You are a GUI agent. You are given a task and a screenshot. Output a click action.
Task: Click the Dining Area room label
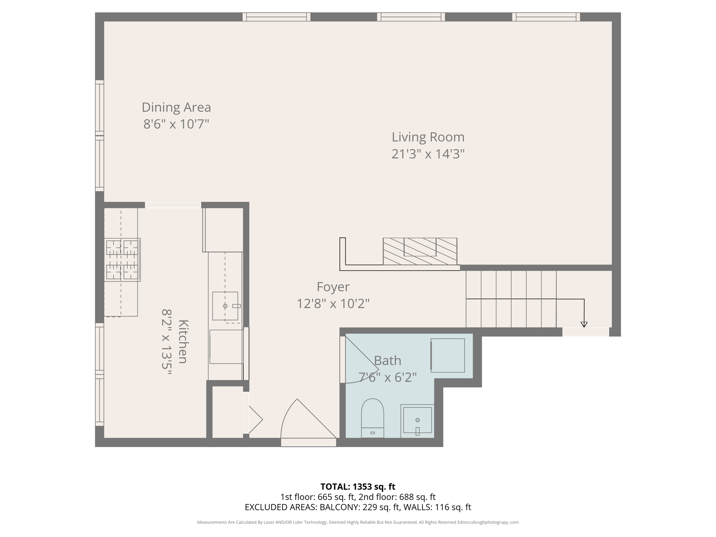pos(176,107)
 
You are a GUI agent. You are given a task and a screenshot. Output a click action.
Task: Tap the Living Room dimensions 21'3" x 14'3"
pos(428,154)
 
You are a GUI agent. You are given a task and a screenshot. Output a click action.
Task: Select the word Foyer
pos(333,287)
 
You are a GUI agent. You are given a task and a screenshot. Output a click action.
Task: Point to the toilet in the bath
pos(372,418)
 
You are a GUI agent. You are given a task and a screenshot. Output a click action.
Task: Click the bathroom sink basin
pos(417,420)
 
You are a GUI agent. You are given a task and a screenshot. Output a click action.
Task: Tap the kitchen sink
pos(225,306)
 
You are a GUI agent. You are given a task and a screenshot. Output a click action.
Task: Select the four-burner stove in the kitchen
pos(122,260)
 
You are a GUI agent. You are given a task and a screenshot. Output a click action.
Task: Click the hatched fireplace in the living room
pos(420,251)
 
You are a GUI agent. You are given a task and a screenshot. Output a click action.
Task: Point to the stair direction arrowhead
pos(584,324)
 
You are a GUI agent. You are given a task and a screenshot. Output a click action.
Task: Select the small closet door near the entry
pos(254,420)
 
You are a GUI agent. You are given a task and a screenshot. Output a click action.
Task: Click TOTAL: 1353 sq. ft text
pos(358,487)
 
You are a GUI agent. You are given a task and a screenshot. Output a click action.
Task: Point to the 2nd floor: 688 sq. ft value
pos(397,497)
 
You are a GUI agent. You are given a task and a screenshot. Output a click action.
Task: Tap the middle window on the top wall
pos(411,17)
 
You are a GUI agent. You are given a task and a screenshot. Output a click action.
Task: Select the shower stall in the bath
pos(447,355)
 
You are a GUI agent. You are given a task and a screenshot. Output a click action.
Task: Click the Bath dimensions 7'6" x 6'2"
pos(387,378)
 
